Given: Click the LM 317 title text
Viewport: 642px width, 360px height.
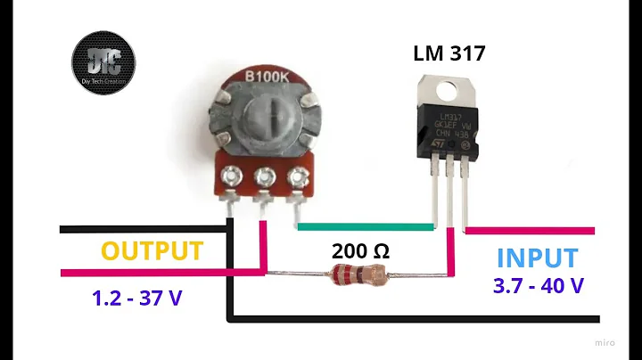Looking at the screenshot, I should [449, 53].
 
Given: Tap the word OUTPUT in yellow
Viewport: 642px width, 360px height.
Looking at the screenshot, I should [152, 251].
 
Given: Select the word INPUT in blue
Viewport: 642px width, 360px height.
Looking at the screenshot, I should [536, 258].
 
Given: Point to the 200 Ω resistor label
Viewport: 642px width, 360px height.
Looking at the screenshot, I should [360, 250].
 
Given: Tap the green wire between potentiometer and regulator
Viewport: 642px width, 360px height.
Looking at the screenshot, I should [366, 226].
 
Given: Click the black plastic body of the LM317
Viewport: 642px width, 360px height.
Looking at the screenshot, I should [450, 134].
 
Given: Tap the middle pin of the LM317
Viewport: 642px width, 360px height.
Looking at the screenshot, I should [450, 192].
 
